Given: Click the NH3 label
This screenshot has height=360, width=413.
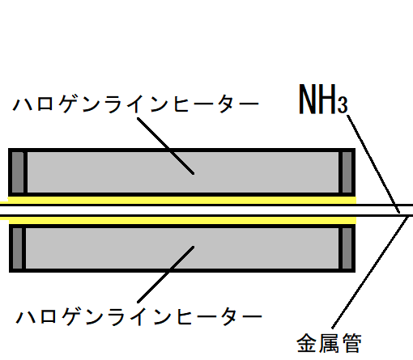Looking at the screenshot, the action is click(x=323, y=99).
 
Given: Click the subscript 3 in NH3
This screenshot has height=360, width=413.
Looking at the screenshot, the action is click(x=343, y=104).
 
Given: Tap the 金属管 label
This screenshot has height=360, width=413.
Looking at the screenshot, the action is click(x=329, y=343).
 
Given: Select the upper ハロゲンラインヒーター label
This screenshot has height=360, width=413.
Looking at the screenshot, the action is click(x=136, y=104).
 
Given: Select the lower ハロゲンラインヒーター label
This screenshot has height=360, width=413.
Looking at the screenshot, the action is click(x=138, y=316).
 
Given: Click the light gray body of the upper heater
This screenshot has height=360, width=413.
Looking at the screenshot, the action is click(x=183, y=172).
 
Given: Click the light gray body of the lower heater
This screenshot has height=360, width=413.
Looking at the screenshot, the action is click(x=182, y=248).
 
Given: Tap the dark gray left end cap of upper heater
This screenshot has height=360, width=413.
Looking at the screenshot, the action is click(x=18, y=172).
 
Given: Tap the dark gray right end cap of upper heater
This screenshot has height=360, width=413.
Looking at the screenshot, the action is click(x=347, y=172).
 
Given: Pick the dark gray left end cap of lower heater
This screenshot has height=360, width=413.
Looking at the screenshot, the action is click(x=17, y=248).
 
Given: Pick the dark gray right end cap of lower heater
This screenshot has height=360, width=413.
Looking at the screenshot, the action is click(x=347, y=248).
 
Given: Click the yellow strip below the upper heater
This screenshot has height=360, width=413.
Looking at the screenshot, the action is click(x=178, y=200).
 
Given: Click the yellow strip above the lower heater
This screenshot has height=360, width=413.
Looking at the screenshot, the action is click(x=178, y=220).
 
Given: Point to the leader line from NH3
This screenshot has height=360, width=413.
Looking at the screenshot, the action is click(x=373, y=164).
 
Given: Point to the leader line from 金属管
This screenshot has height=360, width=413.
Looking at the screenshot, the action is click(x=370, y=273).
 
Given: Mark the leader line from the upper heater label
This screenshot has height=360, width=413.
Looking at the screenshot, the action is click(x=165, y=146).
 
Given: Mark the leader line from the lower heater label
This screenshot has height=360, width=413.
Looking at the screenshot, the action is click(x=165, y=274).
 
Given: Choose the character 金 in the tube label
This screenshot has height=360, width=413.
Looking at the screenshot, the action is click(x=306, y=343).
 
